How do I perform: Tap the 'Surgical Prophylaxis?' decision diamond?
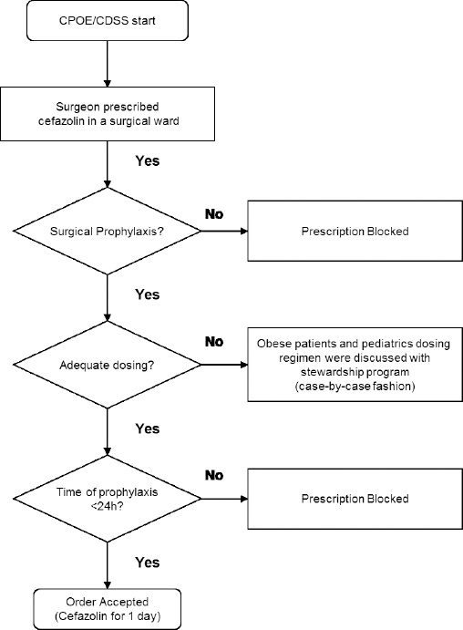point(108,232)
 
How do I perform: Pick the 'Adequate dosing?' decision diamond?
point(108,366)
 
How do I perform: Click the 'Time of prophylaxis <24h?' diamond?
point(108,499)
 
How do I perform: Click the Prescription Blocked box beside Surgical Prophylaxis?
point(355,232)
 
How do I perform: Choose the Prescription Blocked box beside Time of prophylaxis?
point(355,499)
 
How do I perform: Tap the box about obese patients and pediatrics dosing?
point(355,366)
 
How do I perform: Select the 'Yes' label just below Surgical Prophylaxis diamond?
point(147,294)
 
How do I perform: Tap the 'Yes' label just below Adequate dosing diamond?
point(147,428)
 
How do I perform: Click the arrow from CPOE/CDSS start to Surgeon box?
point(108,63)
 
